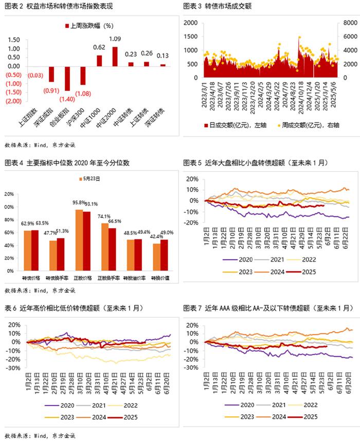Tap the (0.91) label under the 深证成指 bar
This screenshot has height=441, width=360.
point(50,90)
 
